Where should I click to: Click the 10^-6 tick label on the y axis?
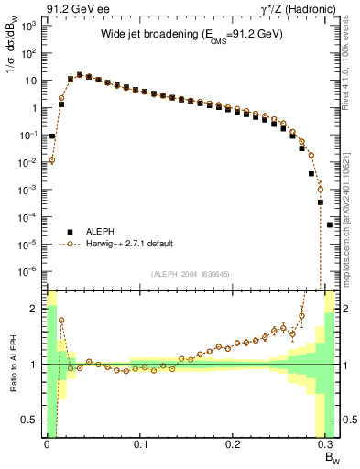pyautogui.click(x=28, y=271)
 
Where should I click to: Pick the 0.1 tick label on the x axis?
pyautogui.click(x=140, y=445)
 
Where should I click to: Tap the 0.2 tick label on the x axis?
pyautogui.click(x=233, y=445)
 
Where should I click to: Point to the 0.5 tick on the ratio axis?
pyautogui.click(x=33, y=420)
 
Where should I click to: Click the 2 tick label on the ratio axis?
pyautogui.click(x=37, y=309)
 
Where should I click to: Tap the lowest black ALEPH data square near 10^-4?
pyautogui.click(x=330, y=224)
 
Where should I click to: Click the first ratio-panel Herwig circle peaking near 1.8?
pyautogui.click(x=61, y=321)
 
